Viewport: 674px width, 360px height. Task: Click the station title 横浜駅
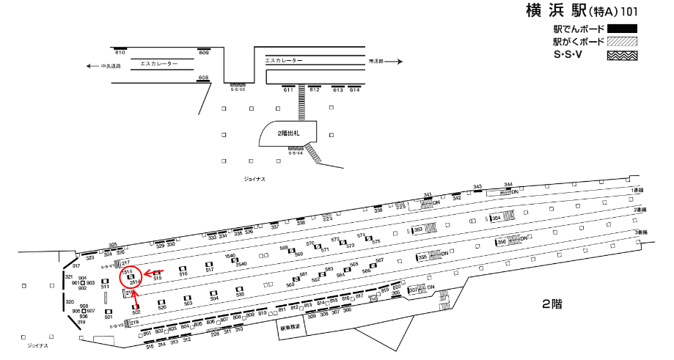557,11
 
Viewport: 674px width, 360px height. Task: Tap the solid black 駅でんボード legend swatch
621,29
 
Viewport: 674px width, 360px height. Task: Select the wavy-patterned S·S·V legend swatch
621,55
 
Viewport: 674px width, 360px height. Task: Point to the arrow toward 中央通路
89,66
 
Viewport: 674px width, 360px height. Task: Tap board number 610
120,54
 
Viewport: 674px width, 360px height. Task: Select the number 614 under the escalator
355,89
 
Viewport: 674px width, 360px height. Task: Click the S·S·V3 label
237,89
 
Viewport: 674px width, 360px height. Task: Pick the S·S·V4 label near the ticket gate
296,153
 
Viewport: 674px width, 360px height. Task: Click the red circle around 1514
133,276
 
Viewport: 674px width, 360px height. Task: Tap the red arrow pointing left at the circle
154,271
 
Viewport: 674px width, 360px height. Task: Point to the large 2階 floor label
551,304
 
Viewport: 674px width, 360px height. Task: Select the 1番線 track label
637,190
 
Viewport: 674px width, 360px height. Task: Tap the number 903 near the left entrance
91,282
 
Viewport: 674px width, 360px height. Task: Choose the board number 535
240,298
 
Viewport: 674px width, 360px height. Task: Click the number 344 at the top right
508,185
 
